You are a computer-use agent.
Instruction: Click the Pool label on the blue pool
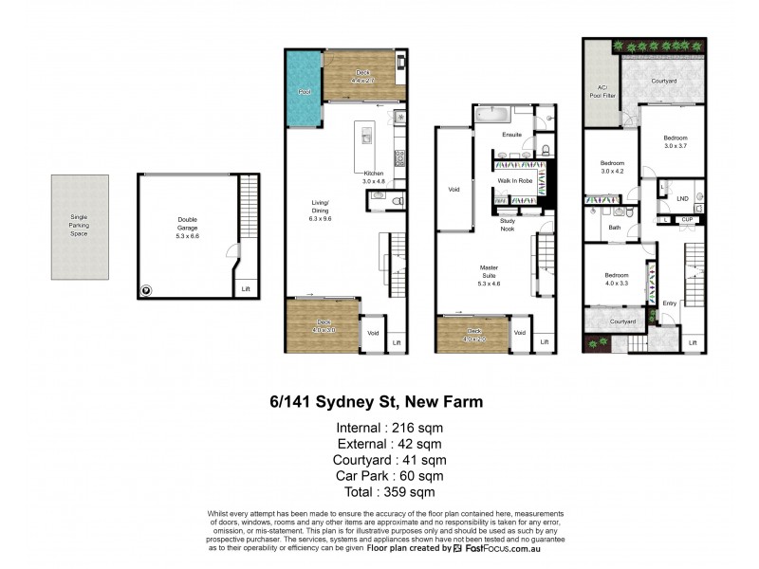(x=305, y=93)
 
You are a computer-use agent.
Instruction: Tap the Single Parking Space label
(x=79, y=226)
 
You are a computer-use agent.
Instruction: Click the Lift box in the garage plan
(x=246, y=288)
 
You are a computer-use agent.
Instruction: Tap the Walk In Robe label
(x=512, y=179)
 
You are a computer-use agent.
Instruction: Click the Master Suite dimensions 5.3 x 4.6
(x=489, y=282)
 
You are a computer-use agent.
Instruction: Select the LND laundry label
(x=682, y=198)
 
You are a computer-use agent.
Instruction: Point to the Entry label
(x=670, y=303)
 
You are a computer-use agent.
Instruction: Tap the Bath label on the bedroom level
(x=614, y=228)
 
